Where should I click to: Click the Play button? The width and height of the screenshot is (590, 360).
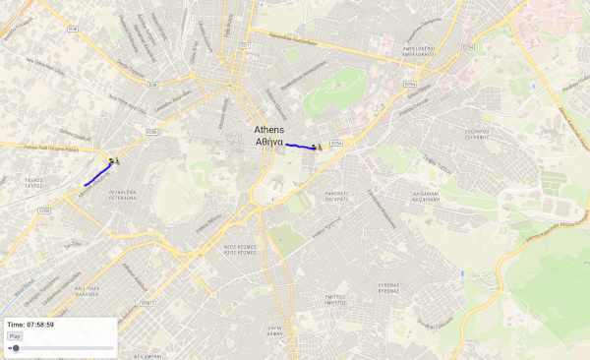point(15,335)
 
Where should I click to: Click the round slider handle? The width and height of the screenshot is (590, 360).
point(16,347)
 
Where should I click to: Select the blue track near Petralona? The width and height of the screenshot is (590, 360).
point(97,175)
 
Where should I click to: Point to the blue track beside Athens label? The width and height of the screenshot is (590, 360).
point(300,146)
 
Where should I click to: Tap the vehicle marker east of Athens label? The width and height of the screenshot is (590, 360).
point(318,147)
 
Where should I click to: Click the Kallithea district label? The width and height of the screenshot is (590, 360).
point(88,291)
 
